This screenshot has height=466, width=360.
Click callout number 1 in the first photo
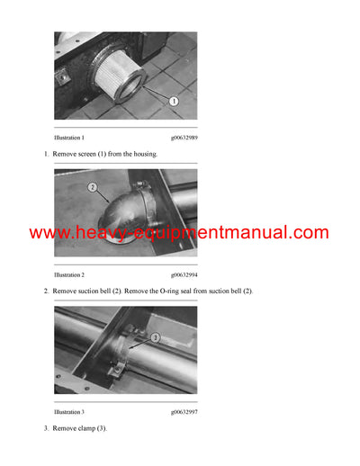pos(174,102)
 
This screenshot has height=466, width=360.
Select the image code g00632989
pos(185,138)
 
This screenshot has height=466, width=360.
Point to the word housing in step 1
pos(142,154)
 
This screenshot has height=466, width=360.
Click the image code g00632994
pos(185,274)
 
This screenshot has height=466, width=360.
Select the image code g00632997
pos(185,411)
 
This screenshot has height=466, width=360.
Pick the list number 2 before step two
pos(46,291)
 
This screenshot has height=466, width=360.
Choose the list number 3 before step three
pos(46,427)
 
